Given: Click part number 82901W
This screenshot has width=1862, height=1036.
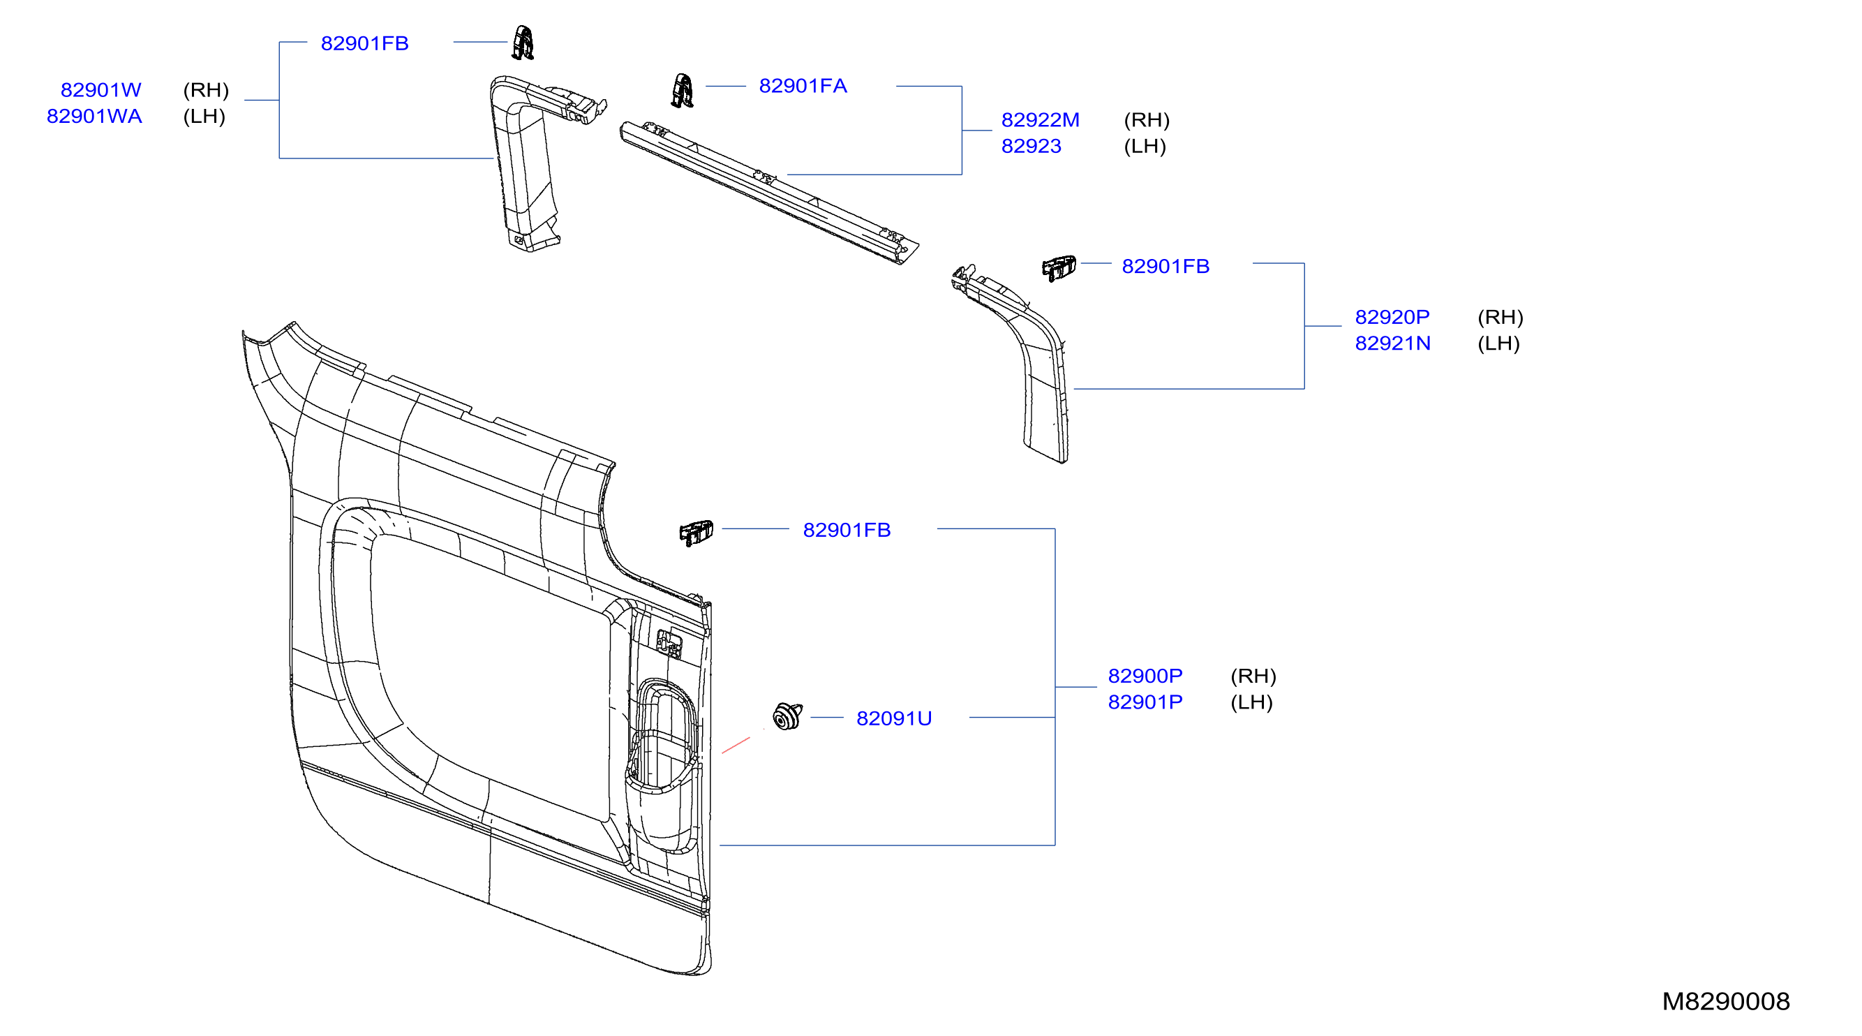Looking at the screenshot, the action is point(100,90).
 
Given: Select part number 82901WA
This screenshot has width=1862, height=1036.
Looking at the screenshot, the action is point(94,117).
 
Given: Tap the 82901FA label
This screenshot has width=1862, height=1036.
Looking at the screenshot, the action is point(803,86).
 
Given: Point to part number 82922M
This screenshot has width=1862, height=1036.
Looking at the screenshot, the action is point(1040,120).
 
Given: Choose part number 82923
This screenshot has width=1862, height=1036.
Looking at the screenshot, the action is point(1031,146).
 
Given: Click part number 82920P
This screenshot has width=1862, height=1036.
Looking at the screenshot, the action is point(1392,318).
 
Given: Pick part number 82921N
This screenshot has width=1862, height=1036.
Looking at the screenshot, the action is point(1392,343).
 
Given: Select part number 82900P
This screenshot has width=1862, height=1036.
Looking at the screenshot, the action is point(1145,676).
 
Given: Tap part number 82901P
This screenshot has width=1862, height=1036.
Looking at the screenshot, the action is point(1145,702).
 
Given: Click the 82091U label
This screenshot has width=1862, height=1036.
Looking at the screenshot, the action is point(893,718).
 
